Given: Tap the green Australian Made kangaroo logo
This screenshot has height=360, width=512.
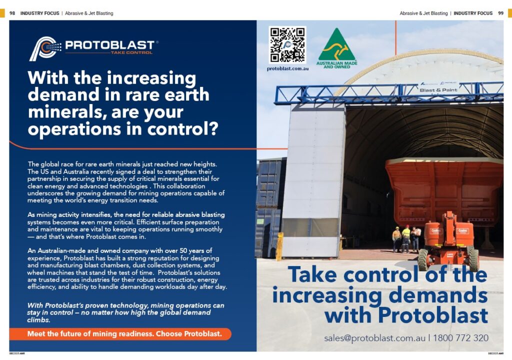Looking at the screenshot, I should (336, 45).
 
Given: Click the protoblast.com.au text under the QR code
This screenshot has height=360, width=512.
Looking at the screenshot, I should (287, 68).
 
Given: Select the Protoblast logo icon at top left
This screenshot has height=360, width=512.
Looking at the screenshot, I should (45, 48).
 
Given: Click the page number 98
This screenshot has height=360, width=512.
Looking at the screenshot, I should (12, 13).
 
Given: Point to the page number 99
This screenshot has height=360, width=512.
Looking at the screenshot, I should (500, 13).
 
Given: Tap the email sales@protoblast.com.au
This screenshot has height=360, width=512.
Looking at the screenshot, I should (374, 338).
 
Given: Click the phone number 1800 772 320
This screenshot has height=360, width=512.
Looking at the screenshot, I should (460, 338).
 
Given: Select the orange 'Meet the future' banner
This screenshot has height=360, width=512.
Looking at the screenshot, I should (120, 334).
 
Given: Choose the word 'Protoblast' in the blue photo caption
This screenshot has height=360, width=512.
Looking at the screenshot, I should (432, 315).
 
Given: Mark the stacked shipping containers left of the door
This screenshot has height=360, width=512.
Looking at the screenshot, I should (270, 205).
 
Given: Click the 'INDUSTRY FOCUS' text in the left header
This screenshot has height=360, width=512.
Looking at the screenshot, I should (39, 13).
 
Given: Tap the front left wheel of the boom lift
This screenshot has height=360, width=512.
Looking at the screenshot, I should (423, 259).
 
